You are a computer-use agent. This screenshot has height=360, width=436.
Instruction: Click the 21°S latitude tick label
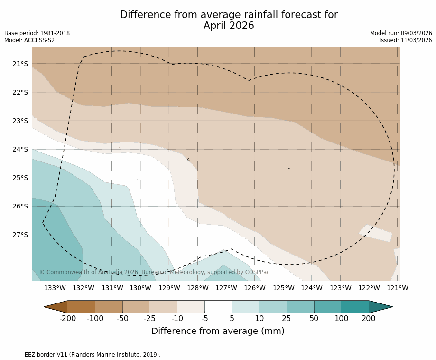[x=20, y=64]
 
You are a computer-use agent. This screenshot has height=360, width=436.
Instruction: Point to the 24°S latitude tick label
[x=20, y=149]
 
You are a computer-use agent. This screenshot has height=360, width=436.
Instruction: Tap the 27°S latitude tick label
[x=20, y=235]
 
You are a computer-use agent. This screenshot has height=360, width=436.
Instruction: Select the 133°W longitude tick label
[x=55, y=288]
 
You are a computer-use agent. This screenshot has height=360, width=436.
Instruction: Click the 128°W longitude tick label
[x=198, y=288]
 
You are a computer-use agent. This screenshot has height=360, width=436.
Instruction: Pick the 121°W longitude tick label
[x=398, y=288]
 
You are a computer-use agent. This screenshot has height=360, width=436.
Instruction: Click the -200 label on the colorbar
[x=68, y=318]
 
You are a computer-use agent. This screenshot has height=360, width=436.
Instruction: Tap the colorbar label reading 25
[x=287, y=318]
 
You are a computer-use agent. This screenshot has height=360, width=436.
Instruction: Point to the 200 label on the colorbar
[x=369, y=318]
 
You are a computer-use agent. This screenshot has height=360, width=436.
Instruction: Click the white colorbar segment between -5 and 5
[x=218, y=307]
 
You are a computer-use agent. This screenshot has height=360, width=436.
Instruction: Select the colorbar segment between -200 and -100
[x=82, y=307]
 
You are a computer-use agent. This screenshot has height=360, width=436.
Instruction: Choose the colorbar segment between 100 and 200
[x=355, y=307]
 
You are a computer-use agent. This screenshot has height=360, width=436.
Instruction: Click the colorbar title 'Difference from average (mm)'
[x=218, y=331]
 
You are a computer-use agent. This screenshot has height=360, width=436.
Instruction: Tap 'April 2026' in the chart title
[x=229, y=26]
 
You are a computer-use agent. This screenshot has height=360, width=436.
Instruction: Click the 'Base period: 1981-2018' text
[x=37, y=33]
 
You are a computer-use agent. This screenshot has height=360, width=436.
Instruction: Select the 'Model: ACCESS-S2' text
[x=29, y=40]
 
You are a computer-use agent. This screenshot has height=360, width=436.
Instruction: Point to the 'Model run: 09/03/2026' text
[x=401, y=33]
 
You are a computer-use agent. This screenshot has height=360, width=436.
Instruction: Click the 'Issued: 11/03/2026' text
[x=406, y=40]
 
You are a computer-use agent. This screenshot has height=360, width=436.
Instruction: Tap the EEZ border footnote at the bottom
[x=83, y=355]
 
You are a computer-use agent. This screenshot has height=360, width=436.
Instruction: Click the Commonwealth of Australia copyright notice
[x=154, y=272]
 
